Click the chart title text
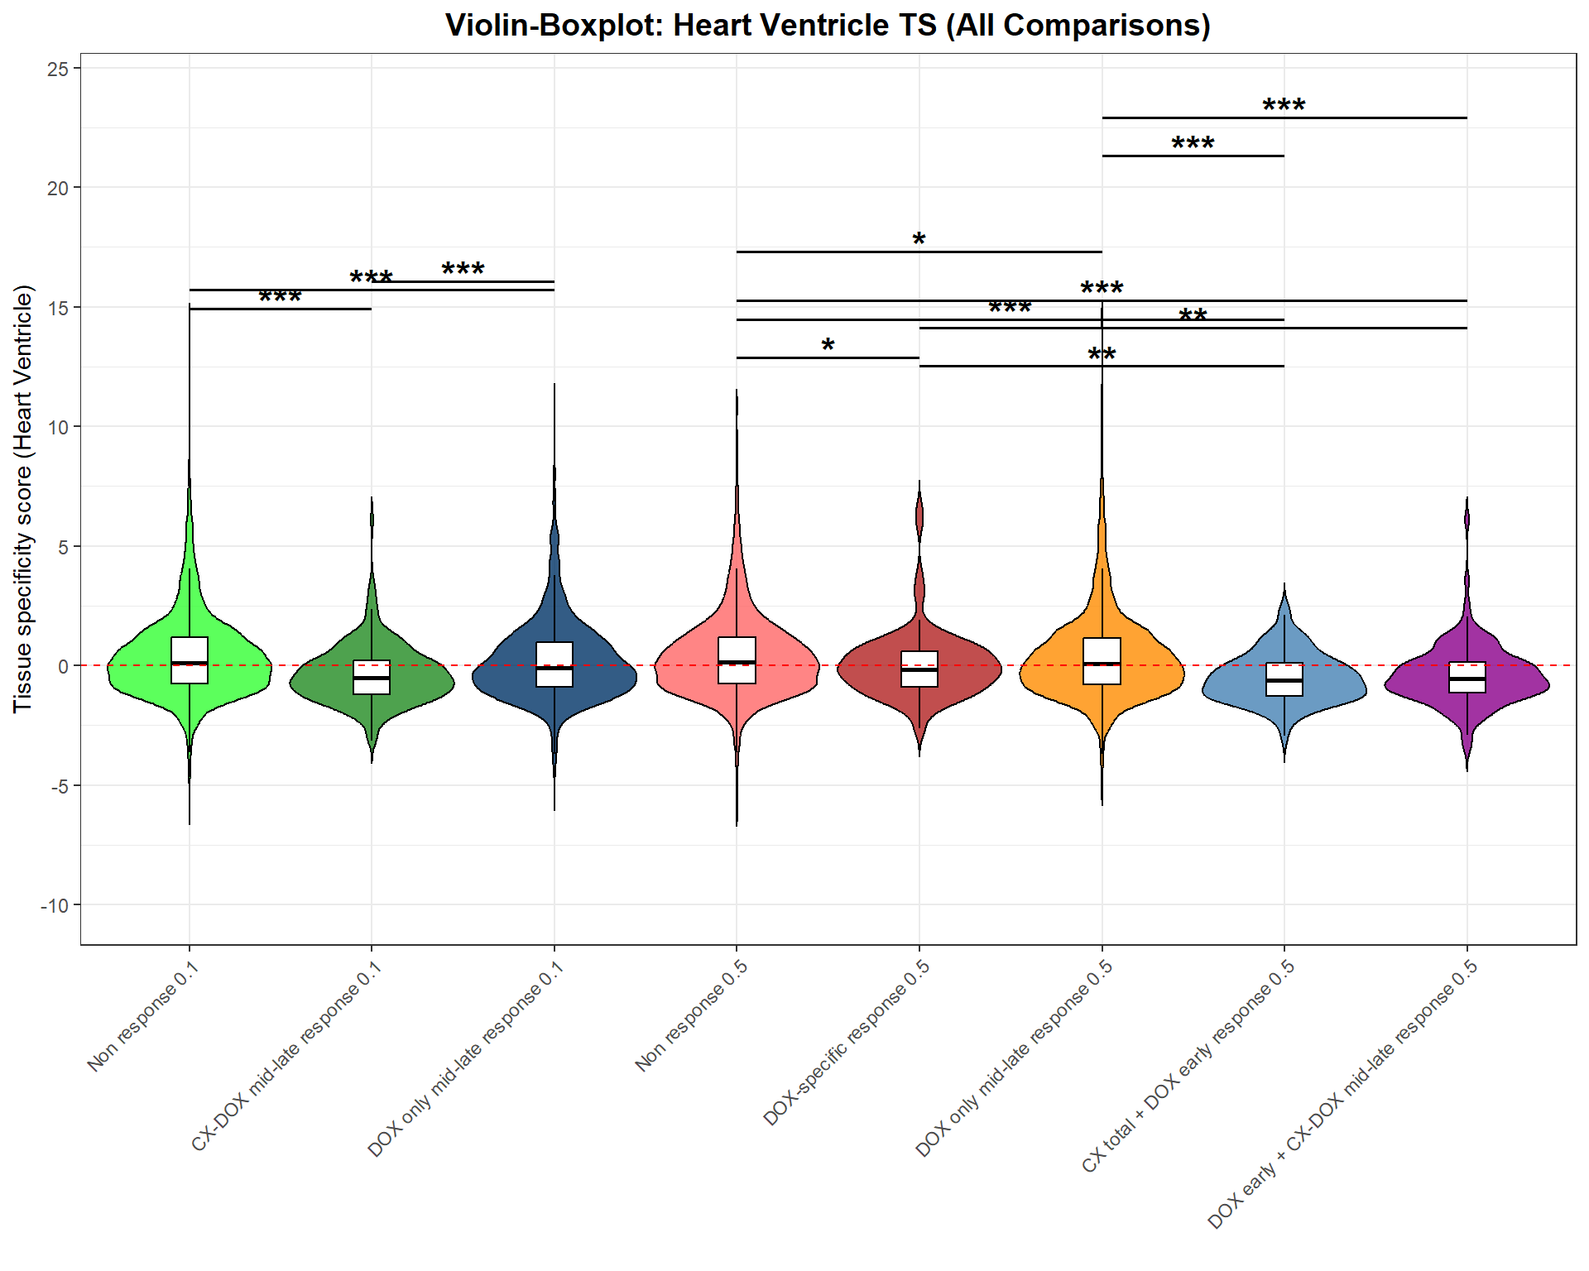click(828, 25)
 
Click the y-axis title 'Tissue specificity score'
click(23, 499)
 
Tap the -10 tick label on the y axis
click(54, 905)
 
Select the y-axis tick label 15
click(58, 308)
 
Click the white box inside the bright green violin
click(190, 660)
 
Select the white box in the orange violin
click(1102, 661)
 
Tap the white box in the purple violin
click(1467, 677)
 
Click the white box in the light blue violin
click(1284, 679)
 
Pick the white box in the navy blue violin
click(554, 664)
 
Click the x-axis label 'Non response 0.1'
click(142, 1016)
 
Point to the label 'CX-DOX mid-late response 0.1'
click(286, 1055)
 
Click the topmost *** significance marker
click(1284, 106)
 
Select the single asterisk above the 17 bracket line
click(919, 240)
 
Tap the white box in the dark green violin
click(372, 677)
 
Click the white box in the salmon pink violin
click(737, 660)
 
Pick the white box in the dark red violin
click(919, 669)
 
